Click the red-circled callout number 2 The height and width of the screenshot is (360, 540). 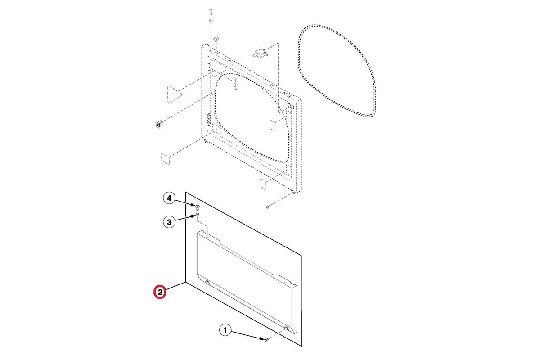[x=160, y=292]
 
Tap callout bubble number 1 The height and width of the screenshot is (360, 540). [x=225, y=330]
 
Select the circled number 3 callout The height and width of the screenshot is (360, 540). [x=169, y=222]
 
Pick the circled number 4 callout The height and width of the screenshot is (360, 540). [x=169, y=198]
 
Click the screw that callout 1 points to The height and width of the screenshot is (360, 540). [x=266, y=339]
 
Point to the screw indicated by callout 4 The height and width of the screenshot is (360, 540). [x=198, y=207]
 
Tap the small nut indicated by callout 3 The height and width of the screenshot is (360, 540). [x=198, y=214]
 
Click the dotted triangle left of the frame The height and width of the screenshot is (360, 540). [x=174, y=94]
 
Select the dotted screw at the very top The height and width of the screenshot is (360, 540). [x=211, y=11]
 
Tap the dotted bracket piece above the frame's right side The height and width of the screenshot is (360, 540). [x=260, y=53]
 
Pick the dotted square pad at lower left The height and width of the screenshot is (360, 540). [x=165, y=159]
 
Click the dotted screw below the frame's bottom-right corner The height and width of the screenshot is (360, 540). [x=268, y=207]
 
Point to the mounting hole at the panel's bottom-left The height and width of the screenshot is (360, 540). [x=207, y=282]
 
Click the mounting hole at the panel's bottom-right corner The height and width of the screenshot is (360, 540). [x=286, y=328]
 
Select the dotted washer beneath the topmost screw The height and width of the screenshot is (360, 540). [x=211, y=21]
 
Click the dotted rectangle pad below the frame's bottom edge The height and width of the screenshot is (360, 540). [x=263, y=184]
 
